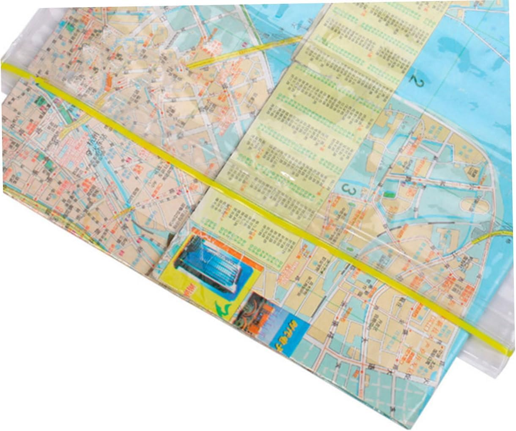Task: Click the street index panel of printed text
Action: (x=305, y=127)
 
